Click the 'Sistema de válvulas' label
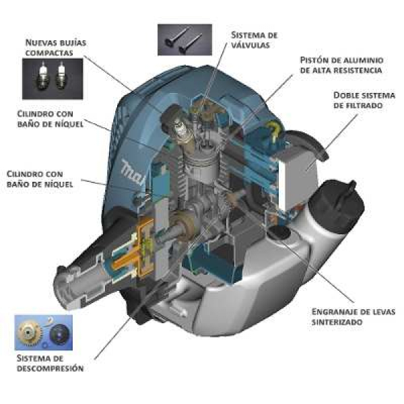[254, 40]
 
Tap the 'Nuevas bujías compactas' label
[56, 47]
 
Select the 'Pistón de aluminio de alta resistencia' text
[341, 65]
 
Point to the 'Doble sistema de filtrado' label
[364, 100]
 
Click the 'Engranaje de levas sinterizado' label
[353, 316]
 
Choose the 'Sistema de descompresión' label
[50, 364]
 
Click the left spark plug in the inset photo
[41, 76]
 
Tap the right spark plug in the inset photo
[61, 76]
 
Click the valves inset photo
[184, 40]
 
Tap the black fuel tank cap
[337, 199]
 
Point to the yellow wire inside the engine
[274, 130]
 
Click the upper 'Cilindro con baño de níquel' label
[50, 119]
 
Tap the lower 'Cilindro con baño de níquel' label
[40, 179]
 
